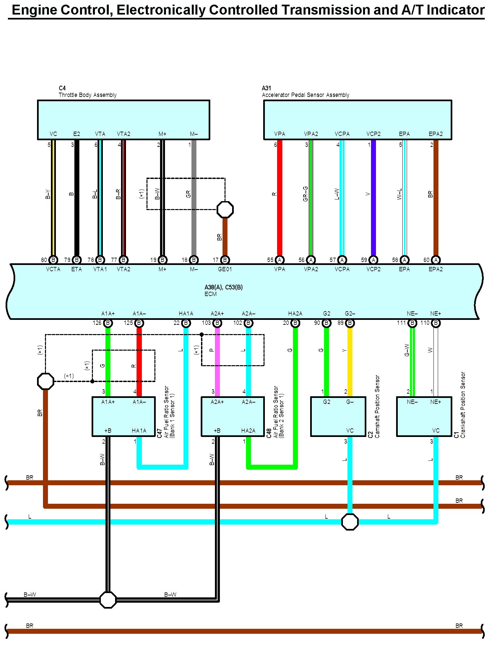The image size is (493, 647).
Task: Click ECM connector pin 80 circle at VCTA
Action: point(53,260)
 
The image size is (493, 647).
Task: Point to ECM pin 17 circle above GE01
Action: point(225,260)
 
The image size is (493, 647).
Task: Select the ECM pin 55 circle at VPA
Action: point(279,260)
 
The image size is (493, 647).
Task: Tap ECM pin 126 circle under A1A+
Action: point(108,323)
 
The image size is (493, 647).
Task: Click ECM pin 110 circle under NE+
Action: point(436,323)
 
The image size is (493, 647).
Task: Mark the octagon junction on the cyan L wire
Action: point(350,522)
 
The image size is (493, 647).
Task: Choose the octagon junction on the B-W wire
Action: point(108,600)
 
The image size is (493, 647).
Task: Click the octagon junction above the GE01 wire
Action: point(225,209)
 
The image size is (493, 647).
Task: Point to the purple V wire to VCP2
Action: point(373,198)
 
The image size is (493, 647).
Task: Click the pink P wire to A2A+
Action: point(217,361)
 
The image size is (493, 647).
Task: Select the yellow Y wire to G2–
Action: point(350,361)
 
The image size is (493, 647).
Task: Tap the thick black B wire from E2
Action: point(77,198)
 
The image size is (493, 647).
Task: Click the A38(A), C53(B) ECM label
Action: point(224,287)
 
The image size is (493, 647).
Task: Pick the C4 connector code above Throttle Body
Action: point(62,88)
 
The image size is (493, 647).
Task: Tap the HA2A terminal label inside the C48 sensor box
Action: point(248,431)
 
